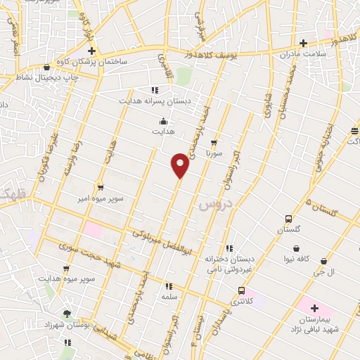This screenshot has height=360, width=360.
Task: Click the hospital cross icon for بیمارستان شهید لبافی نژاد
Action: coord(314,308)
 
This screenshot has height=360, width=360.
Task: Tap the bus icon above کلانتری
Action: coord(242,290)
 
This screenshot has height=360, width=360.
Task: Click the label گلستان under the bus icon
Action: coord(288,230)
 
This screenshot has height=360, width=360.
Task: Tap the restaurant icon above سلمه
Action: coord(168,286)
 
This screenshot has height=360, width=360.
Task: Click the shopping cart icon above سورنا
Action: coord(214,143)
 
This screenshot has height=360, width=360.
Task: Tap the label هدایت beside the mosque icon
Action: coord(164,130)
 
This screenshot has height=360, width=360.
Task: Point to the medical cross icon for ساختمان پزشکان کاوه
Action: coord(91,51)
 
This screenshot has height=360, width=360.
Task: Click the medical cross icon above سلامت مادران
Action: coord(303,43)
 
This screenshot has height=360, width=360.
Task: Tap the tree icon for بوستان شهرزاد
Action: coord(67,314)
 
